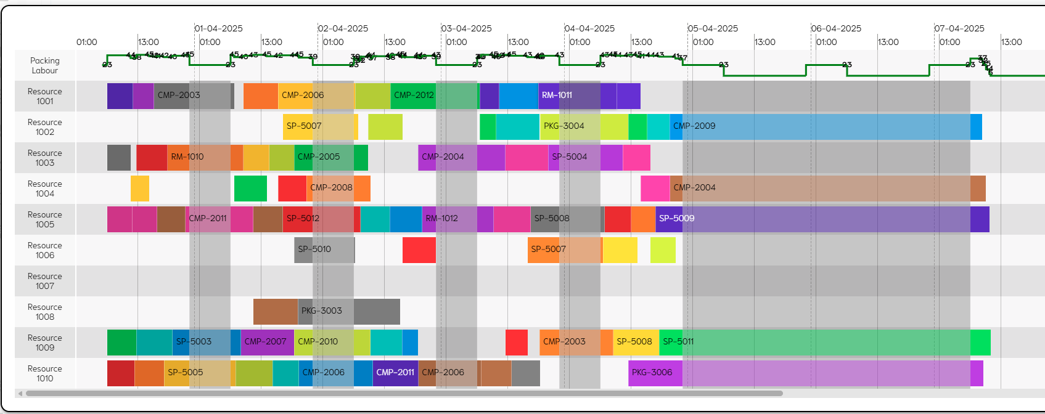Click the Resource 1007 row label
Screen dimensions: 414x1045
44,281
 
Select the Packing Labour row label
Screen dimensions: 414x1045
44,65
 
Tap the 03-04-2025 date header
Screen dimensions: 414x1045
466,28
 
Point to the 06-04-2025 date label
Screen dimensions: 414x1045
836,28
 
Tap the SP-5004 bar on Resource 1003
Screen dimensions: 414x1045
573,157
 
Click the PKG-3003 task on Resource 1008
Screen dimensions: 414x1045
326,311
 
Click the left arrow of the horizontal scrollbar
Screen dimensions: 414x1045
20,393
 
